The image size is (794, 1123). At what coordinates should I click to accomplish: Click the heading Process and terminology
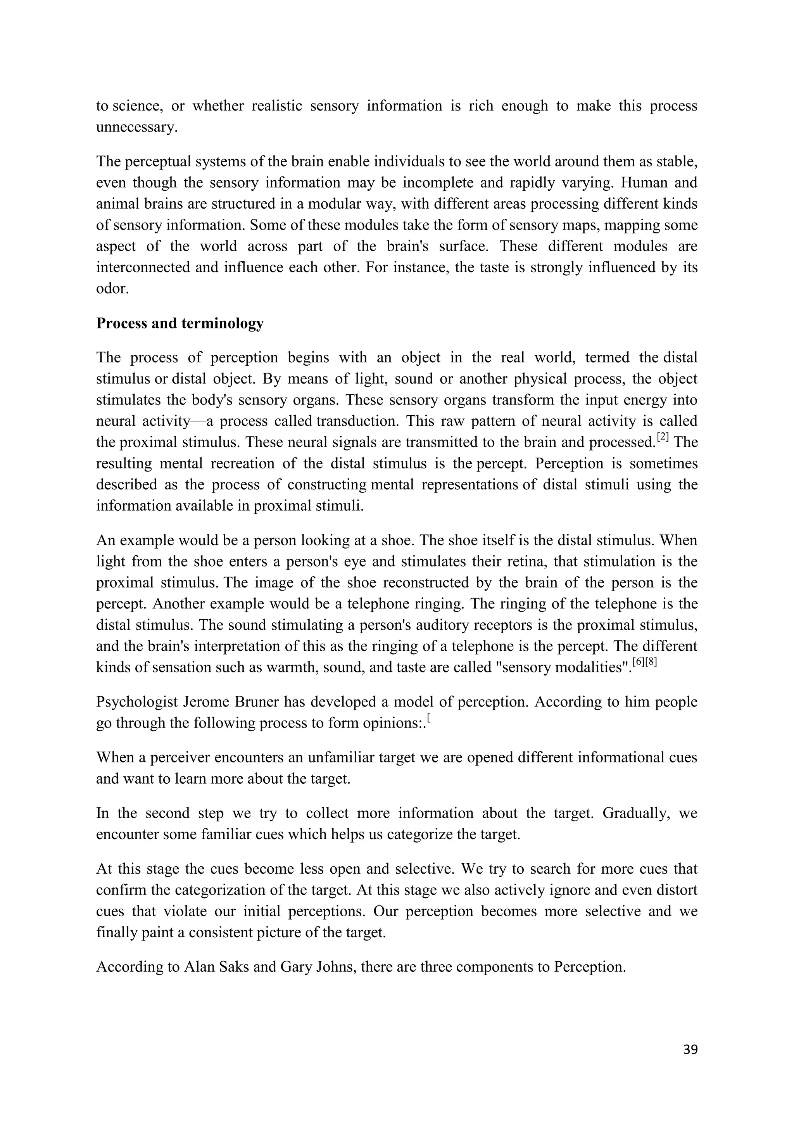click(180, 323)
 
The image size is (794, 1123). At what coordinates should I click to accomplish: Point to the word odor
click(112, 289)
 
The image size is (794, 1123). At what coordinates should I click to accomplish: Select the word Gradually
click(633, 814)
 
